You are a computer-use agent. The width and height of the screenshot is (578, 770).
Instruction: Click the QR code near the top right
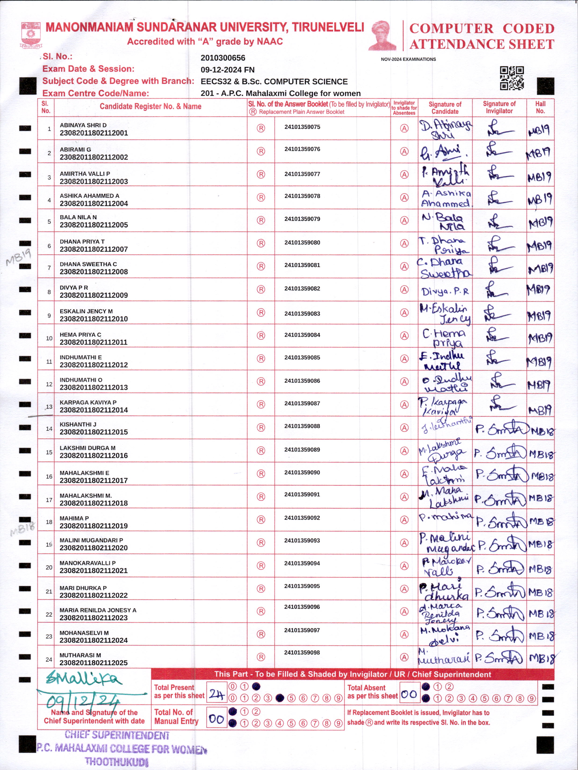512,78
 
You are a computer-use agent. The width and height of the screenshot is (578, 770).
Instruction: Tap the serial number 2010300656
223,58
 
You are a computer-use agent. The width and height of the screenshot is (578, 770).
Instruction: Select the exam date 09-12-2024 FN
227,70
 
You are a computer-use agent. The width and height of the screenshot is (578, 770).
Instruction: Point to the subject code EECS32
216,81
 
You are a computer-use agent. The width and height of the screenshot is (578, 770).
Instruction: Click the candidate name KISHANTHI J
78,424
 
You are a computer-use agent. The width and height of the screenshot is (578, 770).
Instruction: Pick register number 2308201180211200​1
94,133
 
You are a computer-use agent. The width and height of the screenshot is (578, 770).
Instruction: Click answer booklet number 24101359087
302,403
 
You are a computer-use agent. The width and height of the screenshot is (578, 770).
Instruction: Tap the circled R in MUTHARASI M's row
261,657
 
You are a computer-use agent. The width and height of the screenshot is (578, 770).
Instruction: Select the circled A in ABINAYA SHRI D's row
404,128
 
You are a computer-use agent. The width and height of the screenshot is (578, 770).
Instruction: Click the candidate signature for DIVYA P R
445,291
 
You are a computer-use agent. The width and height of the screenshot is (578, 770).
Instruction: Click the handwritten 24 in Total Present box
216,695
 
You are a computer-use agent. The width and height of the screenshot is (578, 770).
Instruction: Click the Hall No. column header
540,107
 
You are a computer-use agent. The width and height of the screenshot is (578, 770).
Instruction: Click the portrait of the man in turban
382,35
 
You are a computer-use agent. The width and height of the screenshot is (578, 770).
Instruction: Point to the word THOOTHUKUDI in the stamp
117,761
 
